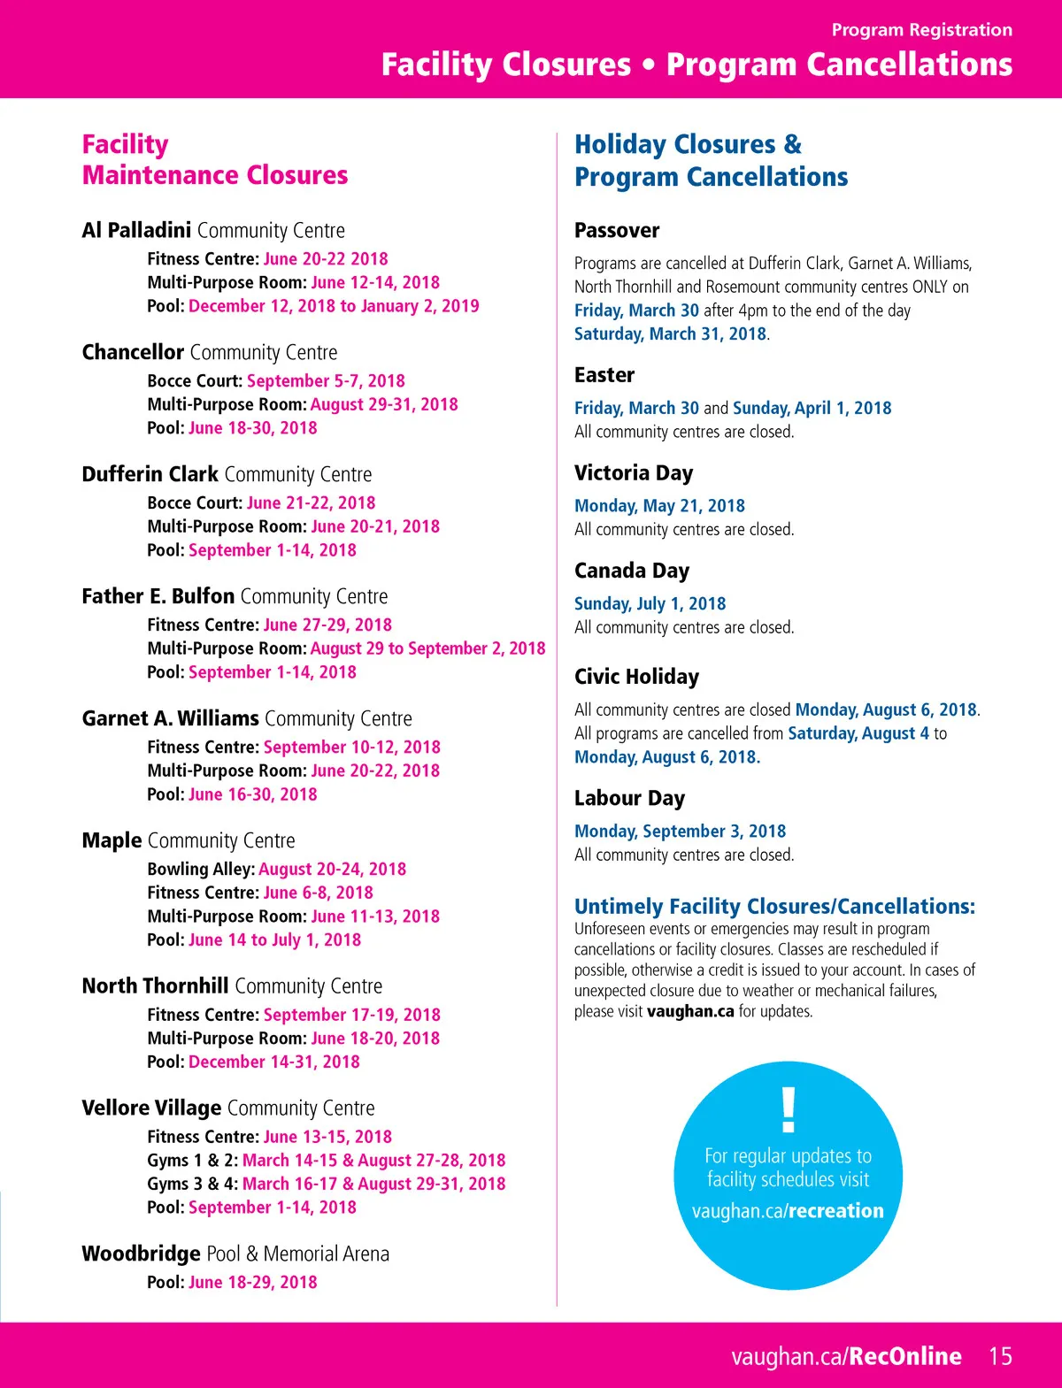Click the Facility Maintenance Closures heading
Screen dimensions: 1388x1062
215,160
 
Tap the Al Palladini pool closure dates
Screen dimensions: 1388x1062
334,306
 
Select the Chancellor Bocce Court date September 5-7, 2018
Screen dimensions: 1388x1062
326,381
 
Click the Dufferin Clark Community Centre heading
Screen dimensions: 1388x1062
227,474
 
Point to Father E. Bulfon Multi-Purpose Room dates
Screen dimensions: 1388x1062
427,648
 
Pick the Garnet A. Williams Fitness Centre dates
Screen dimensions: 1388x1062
351,748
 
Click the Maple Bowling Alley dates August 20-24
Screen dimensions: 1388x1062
332,870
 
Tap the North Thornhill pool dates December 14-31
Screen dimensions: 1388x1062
274,1062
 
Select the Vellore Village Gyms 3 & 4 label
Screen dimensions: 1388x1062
192,1184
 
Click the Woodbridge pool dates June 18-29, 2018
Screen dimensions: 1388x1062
252,1283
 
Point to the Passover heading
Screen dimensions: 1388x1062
617,231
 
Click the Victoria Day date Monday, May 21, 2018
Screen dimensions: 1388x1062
659,506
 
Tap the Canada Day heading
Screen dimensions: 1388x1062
632,571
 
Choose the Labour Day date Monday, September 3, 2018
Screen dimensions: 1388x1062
680,832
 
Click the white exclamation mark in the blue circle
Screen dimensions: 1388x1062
788,1109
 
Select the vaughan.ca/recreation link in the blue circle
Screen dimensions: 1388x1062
788,1211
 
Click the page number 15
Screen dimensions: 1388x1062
1000,1356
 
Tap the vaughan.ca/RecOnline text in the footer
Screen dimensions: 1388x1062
846,1356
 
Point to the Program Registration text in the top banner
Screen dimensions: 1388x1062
921,30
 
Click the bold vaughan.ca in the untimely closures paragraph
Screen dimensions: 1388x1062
690,1011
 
